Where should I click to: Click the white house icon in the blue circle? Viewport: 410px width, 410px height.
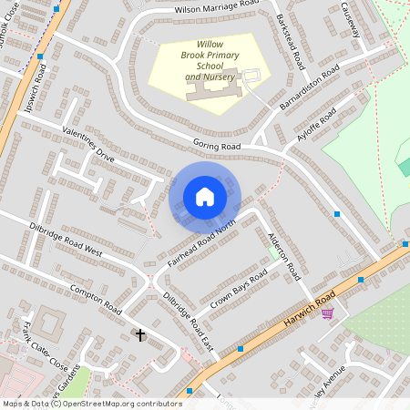point(204,197)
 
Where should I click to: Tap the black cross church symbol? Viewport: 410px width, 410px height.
point(140,335)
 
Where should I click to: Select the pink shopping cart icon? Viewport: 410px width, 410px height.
point(327,313)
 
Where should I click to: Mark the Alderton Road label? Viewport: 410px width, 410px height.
point(283,252)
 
